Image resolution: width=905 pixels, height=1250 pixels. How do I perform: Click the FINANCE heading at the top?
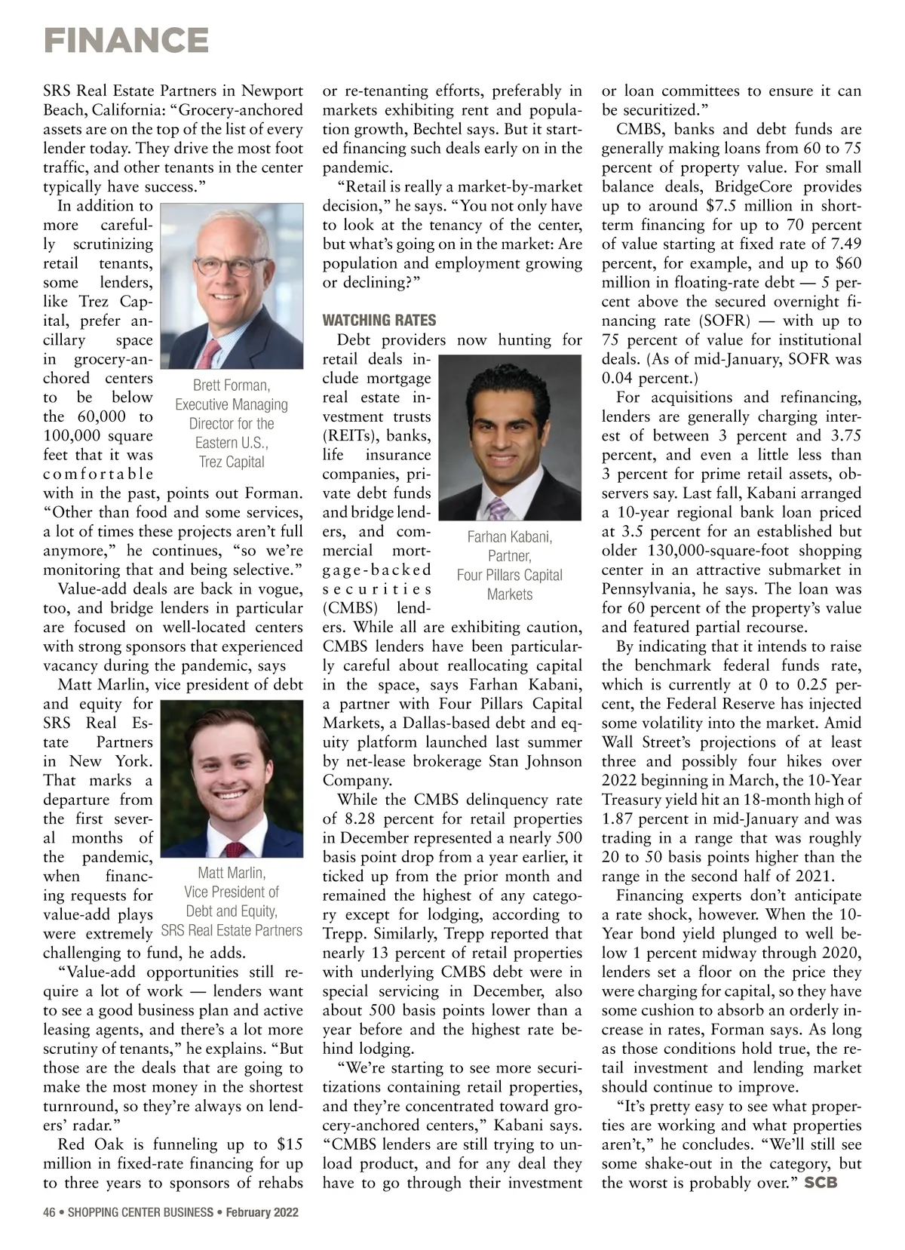coord(126,40)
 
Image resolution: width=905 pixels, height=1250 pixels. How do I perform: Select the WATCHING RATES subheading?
coord(379,320)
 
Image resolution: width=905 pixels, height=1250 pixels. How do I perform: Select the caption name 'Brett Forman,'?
coord(232,385)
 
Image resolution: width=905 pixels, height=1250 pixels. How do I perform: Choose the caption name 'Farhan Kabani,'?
coord(510,537)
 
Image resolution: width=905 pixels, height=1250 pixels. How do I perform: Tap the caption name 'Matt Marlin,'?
coord(232,874)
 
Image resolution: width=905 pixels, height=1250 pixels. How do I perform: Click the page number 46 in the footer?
coord(50,1212)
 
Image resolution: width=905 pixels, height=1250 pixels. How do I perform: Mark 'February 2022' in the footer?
coord(262,1212)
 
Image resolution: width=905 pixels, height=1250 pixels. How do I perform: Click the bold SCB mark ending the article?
coord(821,1182)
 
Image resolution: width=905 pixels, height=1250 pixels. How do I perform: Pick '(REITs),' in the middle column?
coord(353,435)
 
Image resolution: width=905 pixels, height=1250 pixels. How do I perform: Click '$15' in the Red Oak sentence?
coord(290,1144)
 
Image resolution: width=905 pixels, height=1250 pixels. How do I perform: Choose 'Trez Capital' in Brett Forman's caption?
coord(232,462)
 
